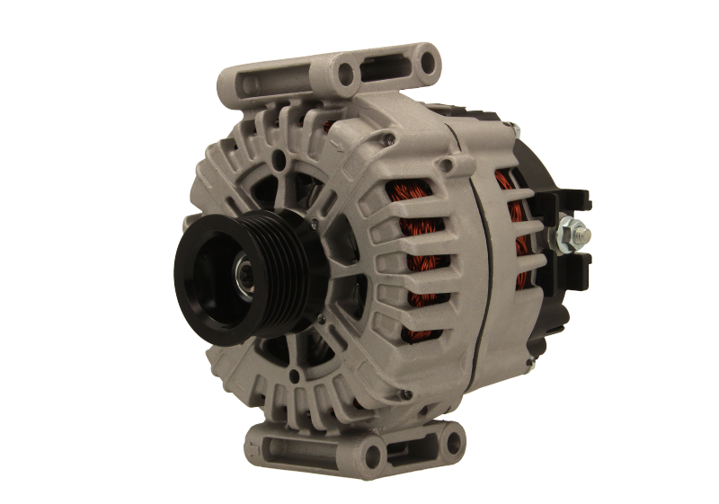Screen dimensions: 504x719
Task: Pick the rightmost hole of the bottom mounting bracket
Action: point(454,441)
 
